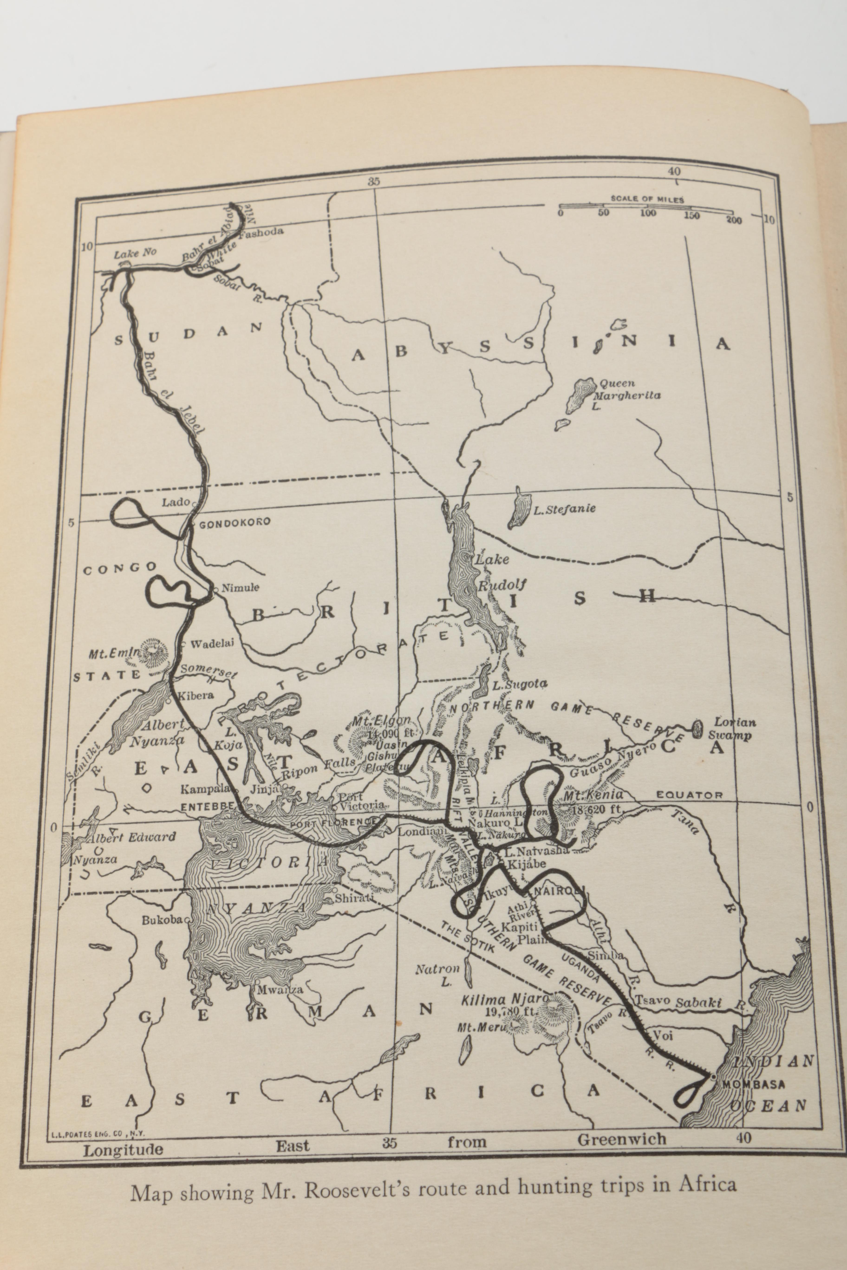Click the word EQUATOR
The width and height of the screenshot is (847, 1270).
tap(689, 795)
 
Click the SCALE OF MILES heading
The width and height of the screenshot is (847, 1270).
tap(647, 199)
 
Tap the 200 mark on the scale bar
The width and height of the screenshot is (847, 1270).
tap(734, 220)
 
